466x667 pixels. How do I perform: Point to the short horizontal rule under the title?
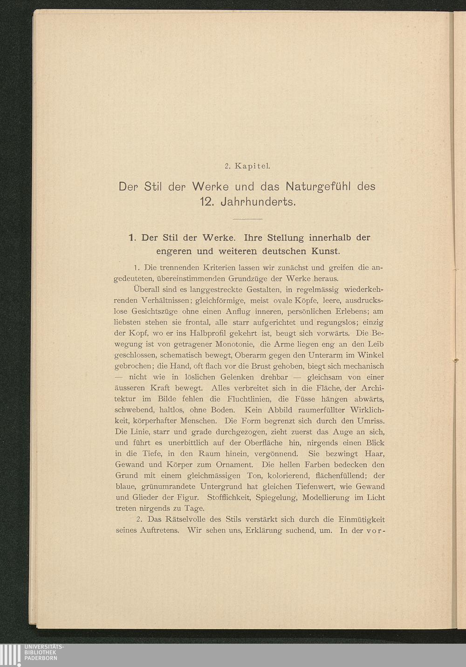point(247,219)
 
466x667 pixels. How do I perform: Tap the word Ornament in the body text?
point(234,465)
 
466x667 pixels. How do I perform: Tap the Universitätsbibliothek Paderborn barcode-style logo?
point(10,655)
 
